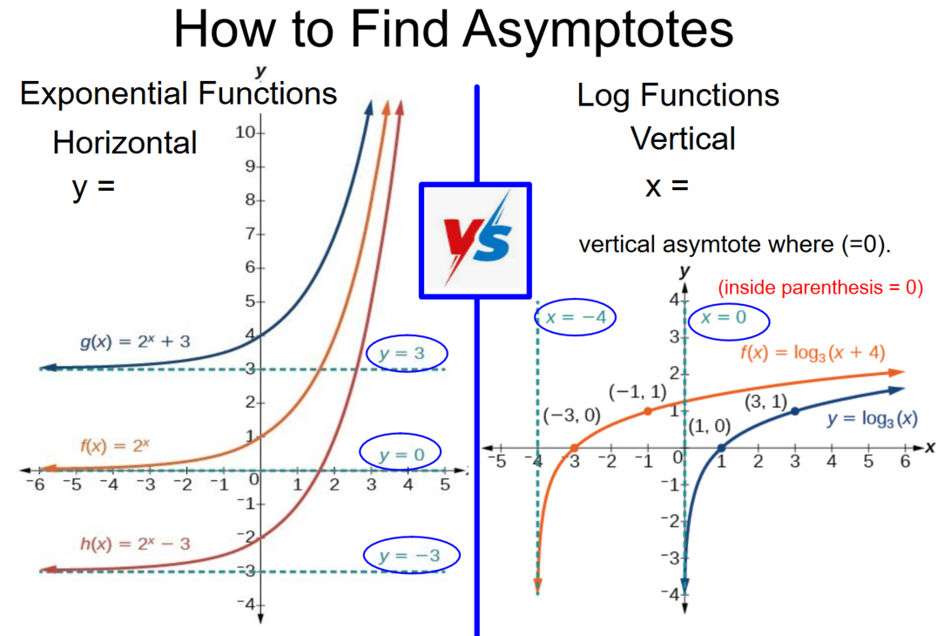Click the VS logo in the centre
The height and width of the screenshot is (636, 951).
tap(475, 240)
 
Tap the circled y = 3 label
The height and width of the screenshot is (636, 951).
tap(407, 353)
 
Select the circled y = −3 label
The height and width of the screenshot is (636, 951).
tap(412, 555)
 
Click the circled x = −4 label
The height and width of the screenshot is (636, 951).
tap(575, 317)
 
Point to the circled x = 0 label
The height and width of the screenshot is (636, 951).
tap(728, 320)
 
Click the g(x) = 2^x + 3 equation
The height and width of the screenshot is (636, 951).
tap(135, 342)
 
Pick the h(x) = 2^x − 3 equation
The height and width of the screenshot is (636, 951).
tap(135, 543)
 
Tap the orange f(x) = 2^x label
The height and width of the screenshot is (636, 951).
tap(115, 446)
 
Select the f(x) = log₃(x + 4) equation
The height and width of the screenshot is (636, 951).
tap(813, 353)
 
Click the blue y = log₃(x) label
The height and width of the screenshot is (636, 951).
tap(872, 419)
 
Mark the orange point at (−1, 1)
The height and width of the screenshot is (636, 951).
tap(648, 411)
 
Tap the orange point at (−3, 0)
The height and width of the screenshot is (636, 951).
tap(574, 449)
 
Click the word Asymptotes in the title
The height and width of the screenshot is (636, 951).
tap(598, 30)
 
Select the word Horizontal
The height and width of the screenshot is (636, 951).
tap(125, 143)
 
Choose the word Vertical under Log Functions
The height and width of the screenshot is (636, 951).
tap(683, 139)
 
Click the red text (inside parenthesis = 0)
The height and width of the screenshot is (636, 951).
tap(820, 287)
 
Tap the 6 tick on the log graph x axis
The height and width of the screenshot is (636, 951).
tap(905, 462)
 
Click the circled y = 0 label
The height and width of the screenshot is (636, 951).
tap(401, 454)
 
